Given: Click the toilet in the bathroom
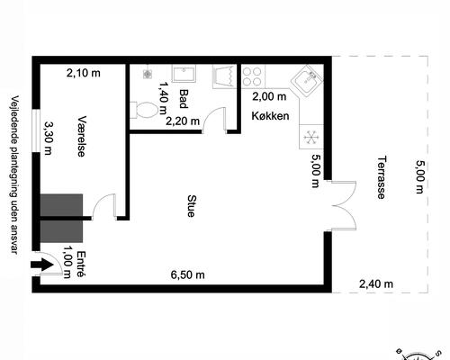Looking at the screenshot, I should (x=145, y=111).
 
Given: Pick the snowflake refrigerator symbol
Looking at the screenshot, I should (x=310, y=137).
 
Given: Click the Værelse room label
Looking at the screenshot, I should (x=82, y=136).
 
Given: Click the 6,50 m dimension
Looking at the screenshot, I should (x=188, y=274).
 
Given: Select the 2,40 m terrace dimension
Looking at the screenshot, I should (x=376, y=283).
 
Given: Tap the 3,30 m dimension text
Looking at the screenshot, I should (x=49, y=139).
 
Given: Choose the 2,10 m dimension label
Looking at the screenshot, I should (x=83, y=75).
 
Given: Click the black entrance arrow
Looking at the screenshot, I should (x=41, y=265).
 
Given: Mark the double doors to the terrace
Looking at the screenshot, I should (x=342, y=203).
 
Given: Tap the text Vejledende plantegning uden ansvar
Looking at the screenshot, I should (x=13, y=175).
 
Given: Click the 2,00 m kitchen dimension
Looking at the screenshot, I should (x=267, y=96).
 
